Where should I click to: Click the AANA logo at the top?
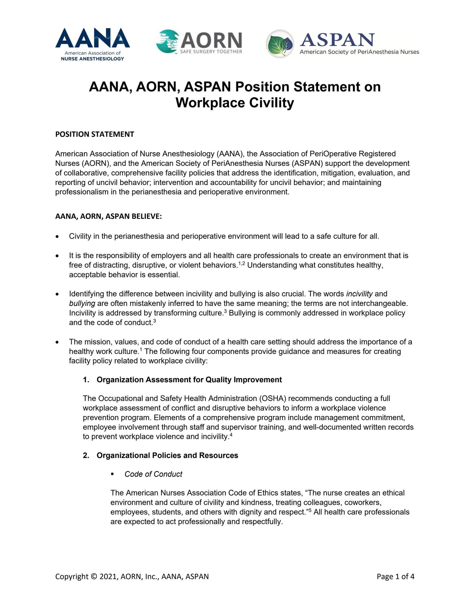coord(92,44)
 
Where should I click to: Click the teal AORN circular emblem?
coord(168,41)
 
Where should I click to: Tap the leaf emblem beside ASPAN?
coord(280,44)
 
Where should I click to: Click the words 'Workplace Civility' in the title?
coord(235,103)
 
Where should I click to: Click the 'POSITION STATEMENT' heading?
coord(94,134)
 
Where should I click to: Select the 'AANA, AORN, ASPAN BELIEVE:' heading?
coord(108,216)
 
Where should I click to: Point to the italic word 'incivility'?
coord(359,294)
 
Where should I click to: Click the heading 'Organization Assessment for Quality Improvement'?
coord(189,379)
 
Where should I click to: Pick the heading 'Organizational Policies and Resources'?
coord(167,455)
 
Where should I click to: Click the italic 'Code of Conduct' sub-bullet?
coord(153,474)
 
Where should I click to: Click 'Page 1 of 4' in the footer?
coord(395,577)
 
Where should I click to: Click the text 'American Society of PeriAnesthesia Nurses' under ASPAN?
coord(359,52)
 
